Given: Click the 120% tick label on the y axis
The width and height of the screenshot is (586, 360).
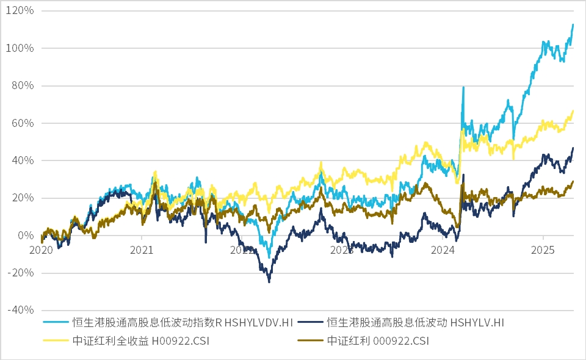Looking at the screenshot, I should pos(21,11).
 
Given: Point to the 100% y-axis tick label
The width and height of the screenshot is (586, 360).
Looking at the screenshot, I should pos(21,48).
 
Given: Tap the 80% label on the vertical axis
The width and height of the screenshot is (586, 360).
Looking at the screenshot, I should pos(23,85).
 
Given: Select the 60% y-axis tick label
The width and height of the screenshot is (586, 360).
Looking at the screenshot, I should pos(23,123).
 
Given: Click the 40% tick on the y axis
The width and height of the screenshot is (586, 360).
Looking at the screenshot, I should pos(23,160).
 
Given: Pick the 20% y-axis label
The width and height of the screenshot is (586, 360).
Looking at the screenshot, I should pos(23,198).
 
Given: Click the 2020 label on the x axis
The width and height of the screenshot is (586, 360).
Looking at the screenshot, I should pos(42,250).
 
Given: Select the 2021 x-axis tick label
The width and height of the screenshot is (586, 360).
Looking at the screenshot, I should pos(142,250).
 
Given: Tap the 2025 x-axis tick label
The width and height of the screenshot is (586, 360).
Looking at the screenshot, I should pos(544,250).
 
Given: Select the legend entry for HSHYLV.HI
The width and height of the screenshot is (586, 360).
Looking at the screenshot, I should pos(414,322).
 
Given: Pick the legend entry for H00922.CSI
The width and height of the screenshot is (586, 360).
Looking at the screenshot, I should pos(140,341).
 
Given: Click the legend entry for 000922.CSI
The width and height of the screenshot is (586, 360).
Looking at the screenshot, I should pos(378,341).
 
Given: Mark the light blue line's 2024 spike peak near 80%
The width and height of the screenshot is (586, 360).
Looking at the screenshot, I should pos(463,87).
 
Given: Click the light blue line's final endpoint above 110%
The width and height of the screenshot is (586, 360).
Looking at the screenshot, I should pos(573,24).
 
